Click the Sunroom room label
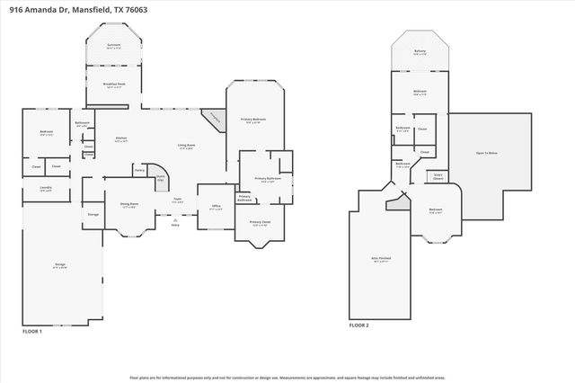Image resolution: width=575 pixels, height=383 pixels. [x=113, y=45]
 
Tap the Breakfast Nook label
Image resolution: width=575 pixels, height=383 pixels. [x=113, y=85]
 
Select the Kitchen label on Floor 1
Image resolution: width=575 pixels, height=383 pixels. [x=121, y=138]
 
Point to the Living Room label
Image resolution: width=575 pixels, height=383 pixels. [x=186, y=146]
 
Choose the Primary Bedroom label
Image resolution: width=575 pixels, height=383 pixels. [x=252, y=120]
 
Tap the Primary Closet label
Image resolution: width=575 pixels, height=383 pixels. [x=260, y=223]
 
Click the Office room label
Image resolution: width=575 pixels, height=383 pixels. [x=216, y=207]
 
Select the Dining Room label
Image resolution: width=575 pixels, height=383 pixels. [x=129, y=205]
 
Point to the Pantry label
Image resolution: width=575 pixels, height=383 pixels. [x=139, y=169]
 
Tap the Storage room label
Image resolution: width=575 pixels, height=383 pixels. [x=93, y=214]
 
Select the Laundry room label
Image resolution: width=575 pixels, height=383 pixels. [x=45, y=189]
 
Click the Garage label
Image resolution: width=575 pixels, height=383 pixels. [x=59, y=265]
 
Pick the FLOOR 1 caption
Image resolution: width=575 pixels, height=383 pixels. [x=32, y=332]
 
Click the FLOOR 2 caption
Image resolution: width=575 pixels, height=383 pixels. [x=359, y=325]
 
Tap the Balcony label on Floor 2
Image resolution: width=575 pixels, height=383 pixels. [x=420, y=52]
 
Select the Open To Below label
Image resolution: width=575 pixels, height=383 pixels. [x=487, y=154]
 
